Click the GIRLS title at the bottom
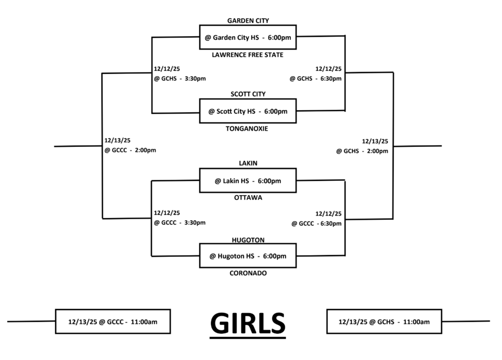coord(248,323)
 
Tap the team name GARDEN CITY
coord(248,21)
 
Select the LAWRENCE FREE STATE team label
coord(248,55)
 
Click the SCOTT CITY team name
coord(248,94)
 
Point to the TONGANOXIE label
coord(248,129)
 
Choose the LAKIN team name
coord(248,163)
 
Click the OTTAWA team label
coord(248,198)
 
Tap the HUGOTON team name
coord(248,240)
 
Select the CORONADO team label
coord(248,273)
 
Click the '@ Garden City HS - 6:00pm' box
coord(248,37)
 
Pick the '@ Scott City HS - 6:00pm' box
coord(248,111)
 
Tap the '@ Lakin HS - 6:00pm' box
coord(248,181)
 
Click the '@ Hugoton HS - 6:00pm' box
coord(248,256)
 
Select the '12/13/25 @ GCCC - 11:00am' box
coord(113,321)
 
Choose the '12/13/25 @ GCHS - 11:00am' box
coord(384,321)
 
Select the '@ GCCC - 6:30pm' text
coord(316,223)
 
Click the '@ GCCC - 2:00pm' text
coord(130,150)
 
